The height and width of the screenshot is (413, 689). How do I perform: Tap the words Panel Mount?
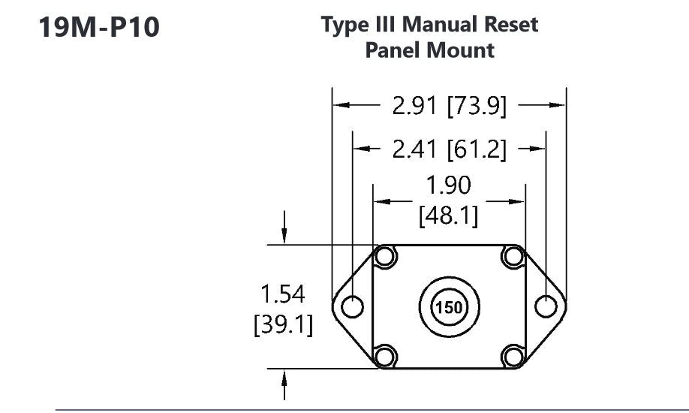click(x=429, y=50)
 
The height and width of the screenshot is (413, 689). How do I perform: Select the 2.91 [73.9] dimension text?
click(x=450, y=107)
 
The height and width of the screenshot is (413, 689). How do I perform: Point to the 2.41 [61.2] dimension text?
click(x=450, y=150)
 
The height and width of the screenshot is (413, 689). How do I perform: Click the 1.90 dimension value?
click(x=450, y=184)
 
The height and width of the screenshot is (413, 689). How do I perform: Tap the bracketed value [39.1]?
click(x=283, y=327)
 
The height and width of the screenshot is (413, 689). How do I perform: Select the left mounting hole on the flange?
click(x=352, y=306)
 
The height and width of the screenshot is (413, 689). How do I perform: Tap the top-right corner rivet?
click(x=513, y=257)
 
